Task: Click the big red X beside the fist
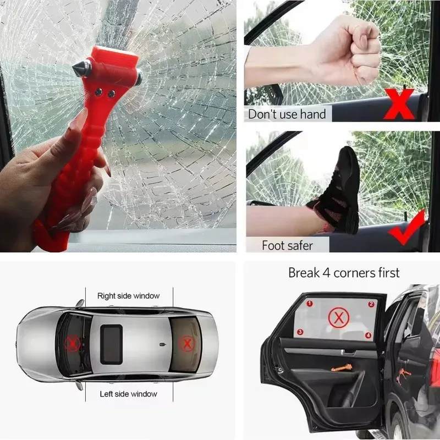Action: point(399,103)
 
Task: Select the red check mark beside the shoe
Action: point(407,228)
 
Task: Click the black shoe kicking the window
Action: point(337,190)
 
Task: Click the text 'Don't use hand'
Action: point(287,114)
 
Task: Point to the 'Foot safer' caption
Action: point(287,245)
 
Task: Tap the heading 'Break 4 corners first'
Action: point(344,273)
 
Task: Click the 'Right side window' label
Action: point(129,296)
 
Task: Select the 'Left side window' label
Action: point(129,394)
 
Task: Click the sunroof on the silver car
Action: point(112,344)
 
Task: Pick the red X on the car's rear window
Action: point(187,343)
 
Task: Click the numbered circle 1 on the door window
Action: point(310,304)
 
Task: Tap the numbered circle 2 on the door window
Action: point(371,304)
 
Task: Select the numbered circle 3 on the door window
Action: point(300,332)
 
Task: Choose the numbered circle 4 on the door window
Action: point(368,335)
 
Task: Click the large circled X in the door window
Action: point(339,318)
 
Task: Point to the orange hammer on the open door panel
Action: point(342,368)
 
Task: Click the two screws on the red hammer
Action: point(105,93)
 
